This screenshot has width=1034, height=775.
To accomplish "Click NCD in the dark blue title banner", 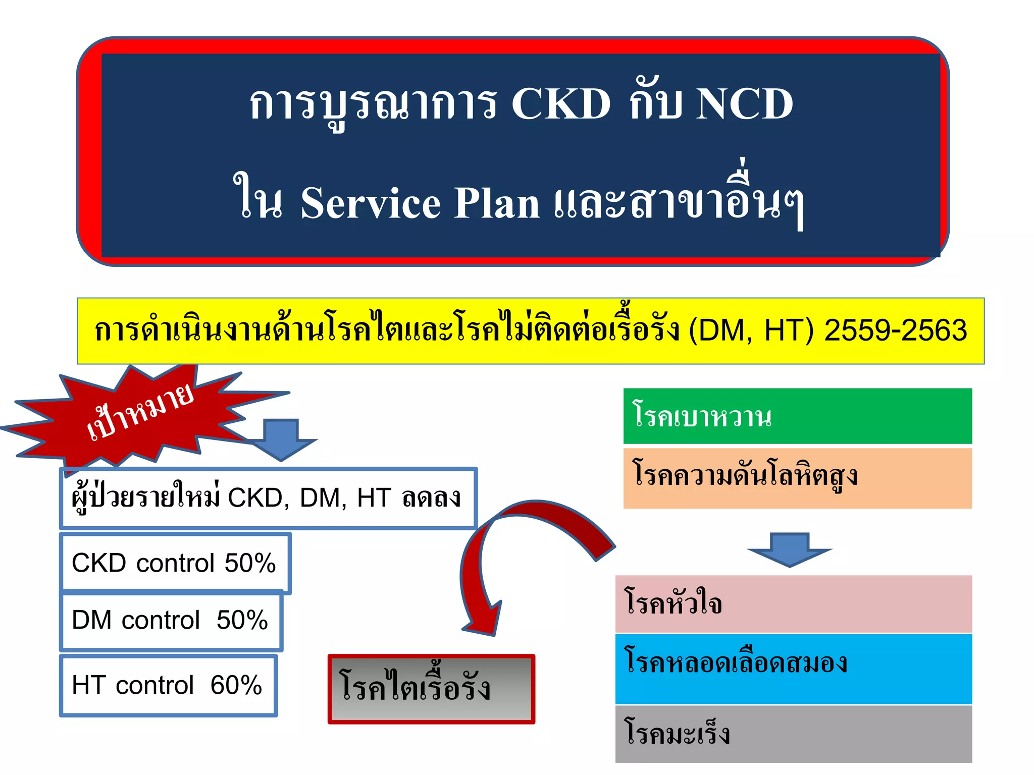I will click(744, 104).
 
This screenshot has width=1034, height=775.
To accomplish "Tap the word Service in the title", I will click(371, 203).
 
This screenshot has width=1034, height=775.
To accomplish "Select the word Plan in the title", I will click(497, 203).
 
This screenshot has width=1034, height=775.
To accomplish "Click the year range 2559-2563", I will click(895, 330).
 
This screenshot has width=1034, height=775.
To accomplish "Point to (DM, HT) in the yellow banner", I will click(751, 330).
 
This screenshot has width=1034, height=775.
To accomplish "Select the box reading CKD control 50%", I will click(175, 563).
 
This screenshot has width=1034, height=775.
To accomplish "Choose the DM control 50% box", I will click(171, 620).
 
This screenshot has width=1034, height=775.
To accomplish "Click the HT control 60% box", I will click(168, 685).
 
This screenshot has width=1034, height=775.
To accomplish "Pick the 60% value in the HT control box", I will click(236, 685).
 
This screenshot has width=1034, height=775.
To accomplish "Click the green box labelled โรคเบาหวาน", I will click(797, 416).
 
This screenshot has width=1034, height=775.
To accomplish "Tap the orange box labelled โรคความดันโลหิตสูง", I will click(797, 477).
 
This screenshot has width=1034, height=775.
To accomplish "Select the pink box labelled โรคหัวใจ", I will click(793, 603).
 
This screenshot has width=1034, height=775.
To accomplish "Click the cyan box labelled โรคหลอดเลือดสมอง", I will click(793, 668).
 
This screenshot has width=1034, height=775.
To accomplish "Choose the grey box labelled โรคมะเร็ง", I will click(793, 733).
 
